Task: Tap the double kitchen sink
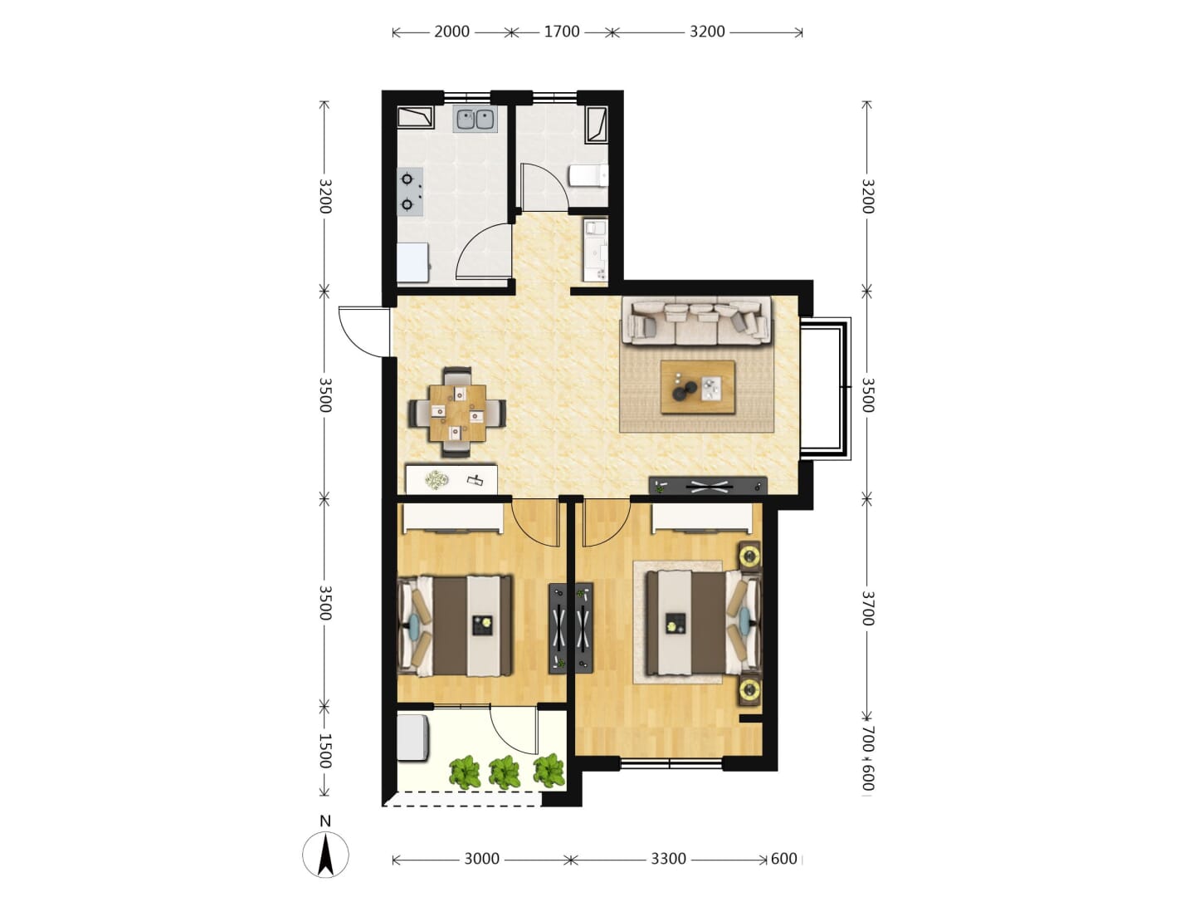tap(476, 120)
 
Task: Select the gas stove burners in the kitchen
tap(411, 191)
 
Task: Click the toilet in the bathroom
tap(588, 175)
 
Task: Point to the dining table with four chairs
tap(457, 412)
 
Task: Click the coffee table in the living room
tap(697, 387)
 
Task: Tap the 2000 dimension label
tap(451, 32)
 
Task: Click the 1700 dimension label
tap(562, 32)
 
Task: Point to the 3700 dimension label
tap(867, 608)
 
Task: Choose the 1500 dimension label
tap(325, 751)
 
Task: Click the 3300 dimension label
tap(668, 859)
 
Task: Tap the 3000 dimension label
tap(482, 859)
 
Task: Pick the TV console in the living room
tap(708, 485)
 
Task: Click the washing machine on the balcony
tap(413, 737)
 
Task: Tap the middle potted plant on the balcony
tap(505, 772)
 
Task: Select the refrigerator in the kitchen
tap(412, 262)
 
